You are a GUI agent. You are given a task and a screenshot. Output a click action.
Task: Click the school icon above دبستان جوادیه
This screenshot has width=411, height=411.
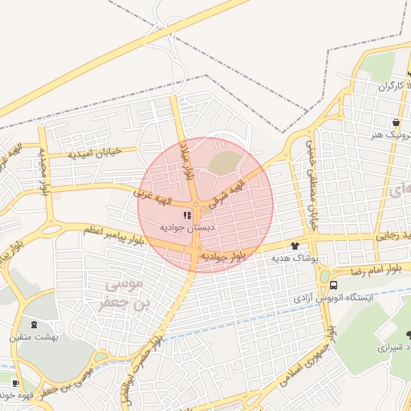tap(187, 215)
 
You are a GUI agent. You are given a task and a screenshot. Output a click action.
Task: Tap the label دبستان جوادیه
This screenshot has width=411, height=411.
tap(188, 228)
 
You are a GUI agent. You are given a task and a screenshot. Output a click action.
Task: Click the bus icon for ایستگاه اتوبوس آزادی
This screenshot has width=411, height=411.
tap(333, 284)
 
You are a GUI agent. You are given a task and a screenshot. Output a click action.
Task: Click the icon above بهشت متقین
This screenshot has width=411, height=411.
tap(34, 324)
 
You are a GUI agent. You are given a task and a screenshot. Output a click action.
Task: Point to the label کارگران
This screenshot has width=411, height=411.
tap(382, 85)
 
